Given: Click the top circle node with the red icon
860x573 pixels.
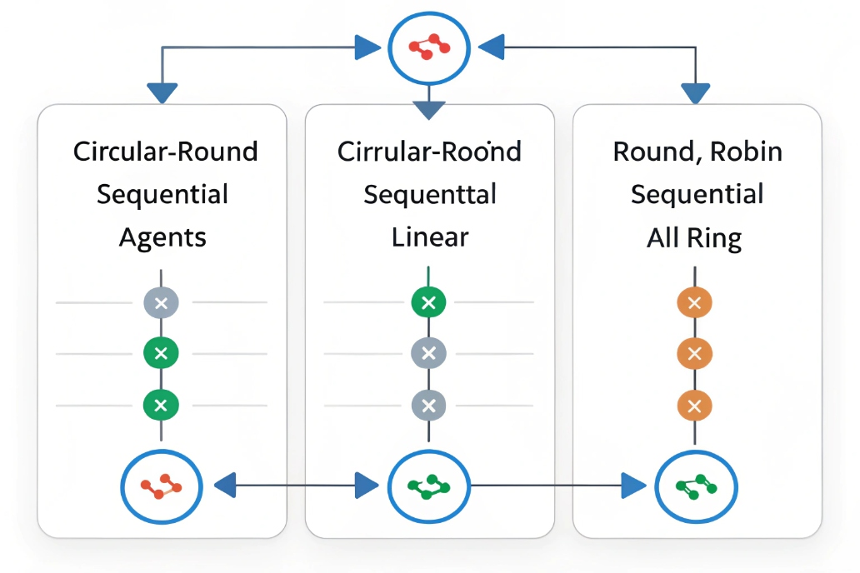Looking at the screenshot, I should click(429, 47).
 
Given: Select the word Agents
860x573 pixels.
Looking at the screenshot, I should click(162, 237).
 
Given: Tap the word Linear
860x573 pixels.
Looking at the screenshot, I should click(430, 237).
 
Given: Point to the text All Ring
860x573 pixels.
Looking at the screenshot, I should click(694, 239).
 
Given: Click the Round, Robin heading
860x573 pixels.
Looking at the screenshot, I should click(697, 152).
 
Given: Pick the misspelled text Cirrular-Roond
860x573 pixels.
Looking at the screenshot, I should click(429, 152).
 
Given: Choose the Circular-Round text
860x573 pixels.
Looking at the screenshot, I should click(165, 152).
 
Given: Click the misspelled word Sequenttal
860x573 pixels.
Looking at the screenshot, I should click(430, 195).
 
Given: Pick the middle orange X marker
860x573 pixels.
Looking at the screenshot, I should click(695, 353).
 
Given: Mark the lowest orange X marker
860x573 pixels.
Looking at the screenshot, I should click(695, 406).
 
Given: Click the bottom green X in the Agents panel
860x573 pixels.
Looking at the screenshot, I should click(162, 406).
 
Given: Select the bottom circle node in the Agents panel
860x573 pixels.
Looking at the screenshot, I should click(162, 485).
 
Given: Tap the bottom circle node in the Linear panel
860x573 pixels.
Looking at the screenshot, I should click(429, 485).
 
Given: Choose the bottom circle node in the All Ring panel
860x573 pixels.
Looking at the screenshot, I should click(696, 485).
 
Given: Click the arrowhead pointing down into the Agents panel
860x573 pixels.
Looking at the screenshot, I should click(162, 92).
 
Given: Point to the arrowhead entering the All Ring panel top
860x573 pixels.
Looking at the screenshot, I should click(695, 92).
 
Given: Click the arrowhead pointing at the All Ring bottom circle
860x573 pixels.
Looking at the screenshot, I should click(634, 485).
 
